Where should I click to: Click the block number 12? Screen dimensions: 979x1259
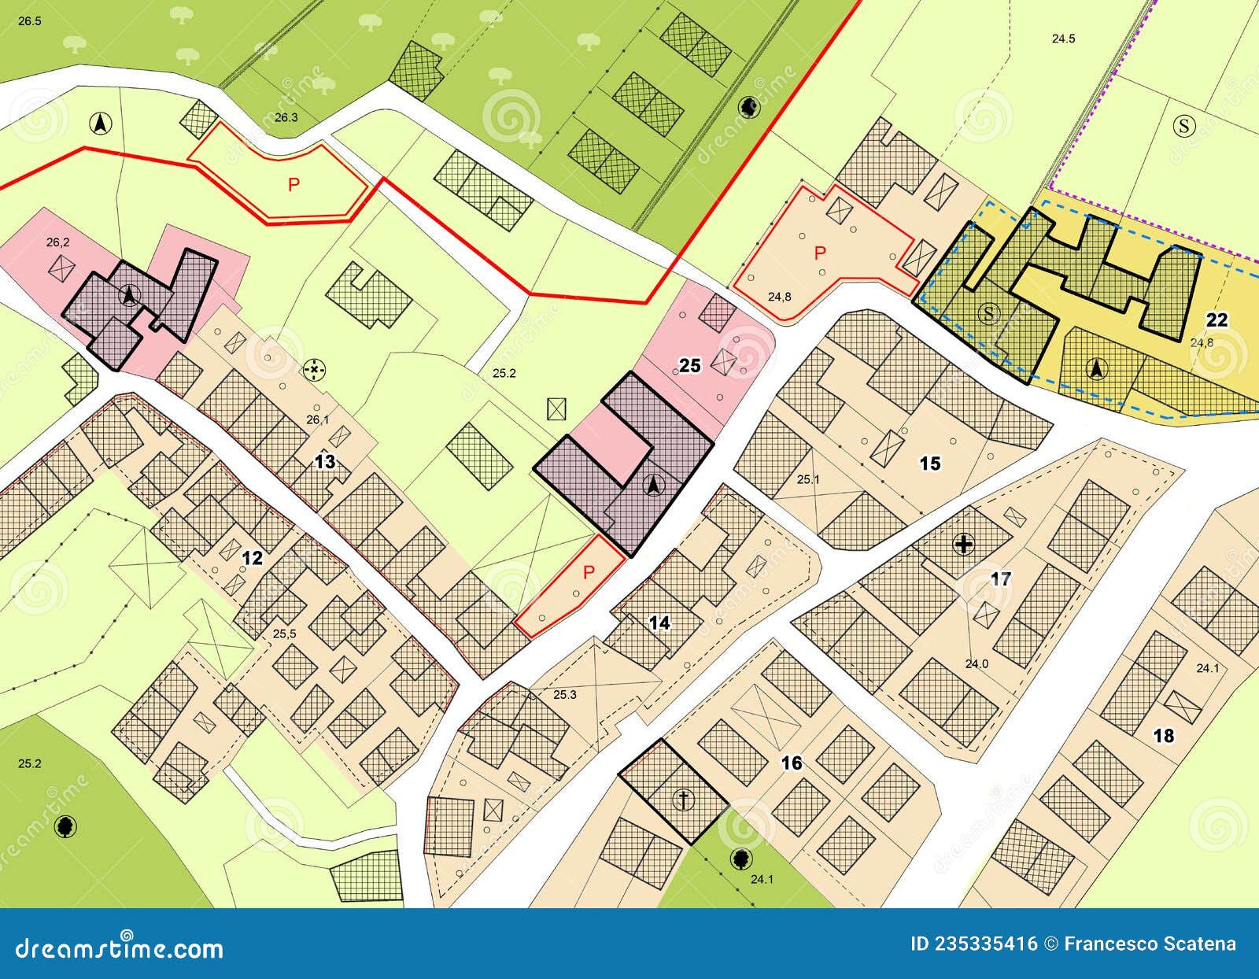(x=252, y=558)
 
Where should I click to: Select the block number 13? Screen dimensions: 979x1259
(x=325, y=462)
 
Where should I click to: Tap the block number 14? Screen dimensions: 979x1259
(x=659, y=623)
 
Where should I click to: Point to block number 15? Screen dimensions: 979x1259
(x=930, y=464)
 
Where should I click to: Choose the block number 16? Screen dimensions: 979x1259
(x=792, y=763)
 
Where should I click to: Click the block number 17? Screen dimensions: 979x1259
(x=1001, y=579)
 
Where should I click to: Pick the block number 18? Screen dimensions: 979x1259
(x=1163, y=736)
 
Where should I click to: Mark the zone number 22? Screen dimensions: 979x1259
(x=1217, y=320)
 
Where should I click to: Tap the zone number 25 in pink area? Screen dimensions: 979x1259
(x=690, y=366)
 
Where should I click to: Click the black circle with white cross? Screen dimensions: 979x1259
(x=963, y=544)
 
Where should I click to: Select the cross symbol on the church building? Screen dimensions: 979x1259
(x=685, y=800)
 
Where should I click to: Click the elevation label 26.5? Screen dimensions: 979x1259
(x=29, y=21)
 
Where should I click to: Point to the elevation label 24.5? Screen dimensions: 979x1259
(x=1063, y=39)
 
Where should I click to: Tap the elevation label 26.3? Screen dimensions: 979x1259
(x=286, y=117)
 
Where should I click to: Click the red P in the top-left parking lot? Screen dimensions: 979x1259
(x=294, y=185)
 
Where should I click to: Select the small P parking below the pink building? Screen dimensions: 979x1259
(x=587, y=572)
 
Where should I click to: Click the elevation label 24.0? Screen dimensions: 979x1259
(x=977, y=663)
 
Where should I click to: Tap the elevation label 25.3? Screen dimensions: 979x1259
(x=565, y=694)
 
